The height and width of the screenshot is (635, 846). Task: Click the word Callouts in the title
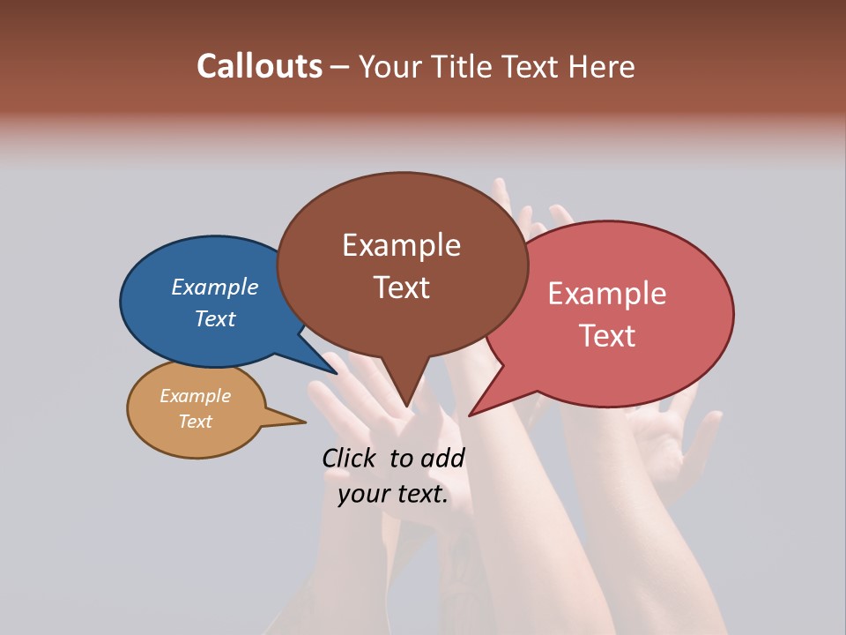click(259, 66)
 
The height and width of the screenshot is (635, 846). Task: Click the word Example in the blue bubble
click(214, 287)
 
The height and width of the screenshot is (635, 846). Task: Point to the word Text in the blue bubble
click(214, 318)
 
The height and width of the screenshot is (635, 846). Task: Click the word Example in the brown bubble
click(401, 245)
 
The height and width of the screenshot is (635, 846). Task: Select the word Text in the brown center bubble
click(401, 288)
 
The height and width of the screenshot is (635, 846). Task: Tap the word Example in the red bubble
click(607, 294)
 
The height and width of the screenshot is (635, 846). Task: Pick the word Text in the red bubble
click(607, 336)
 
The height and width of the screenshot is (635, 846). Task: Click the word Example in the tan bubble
click(195, 396)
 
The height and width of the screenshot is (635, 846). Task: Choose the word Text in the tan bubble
click(195, 422)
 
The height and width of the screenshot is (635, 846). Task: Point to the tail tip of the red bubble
click(471, 414)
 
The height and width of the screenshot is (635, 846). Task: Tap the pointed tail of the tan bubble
click(301, 421)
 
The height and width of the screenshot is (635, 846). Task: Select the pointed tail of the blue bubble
click(335, 372)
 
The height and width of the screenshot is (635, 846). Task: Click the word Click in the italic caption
click(349, 458)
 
